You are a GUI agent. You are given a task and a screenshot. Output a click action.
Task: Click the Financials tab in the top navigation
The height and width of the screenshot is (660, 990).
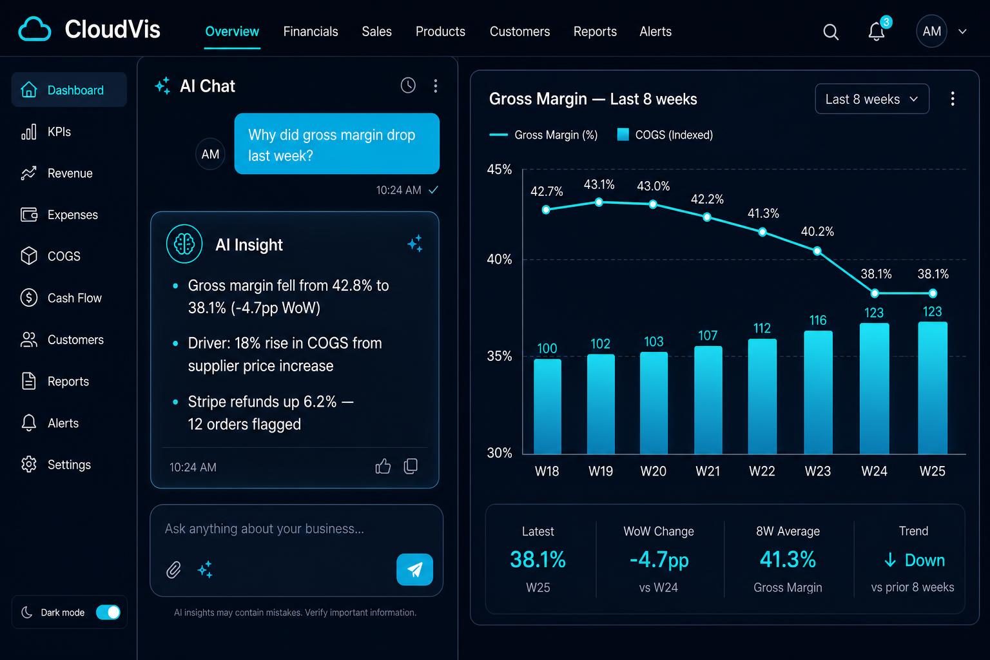coord(310,32)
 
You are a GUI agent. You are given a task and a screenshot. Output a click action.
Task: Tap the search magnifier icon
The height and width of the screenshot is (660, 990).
coord(830,32)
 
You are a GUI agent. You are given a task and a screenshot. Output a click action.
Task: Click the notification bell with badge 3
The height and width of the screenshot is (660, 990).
coord(877,30)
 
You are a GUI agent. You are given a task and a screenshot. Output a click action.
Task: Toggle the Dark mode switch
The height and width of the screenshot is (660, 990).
coord(108,612)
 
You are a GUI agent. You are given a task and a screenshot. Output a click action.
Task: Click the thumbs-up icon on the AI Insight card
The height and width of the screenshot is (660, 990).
coord(383,466)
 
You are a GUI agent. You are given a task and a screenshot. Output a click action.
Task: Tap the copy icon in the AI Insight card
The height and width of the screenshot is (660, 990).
coord(411,466)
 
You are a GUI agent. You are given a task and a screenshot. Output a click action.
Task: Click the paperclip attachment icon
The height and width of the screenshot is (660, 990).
coord(173,569)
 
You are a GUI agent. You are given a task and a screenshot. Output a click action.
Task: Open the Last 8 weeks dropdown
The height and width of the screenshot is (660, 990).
coord(871,99)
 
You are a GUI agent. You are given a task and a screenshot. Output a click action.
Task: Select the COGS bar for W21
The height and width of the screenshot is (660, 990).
coord(708,400)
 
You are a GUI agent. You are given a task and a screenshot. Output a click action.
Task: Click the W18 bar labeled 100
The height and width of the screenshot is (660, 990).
coord(547,406)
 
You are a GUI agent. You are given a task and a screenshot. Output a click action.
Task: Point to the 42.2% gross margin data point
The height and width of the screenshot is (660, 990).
coord(707,217)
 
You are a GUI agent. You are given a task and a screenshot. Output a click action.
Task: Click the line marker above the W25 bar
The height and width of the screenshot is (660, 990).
coord(933,293)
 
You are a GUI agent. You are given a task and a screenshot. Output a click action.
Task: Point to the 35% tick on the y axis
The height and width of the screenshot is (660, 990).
coord(500,356)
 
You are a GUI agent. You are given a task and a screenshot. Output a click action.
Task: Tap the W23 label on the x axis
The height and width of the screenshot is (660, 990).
coord(818,471)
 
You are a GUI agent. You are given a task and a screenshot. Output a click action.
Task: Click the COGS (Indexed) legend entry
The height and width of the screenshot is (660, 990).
coord(665,135)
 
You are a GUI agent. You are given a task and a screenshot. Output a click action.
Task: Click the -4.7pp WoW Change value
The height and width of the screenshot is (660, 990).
coord(659,559)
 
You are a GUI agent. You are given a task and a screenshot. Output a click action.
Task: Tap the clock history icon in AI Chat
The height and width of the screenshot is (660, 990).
coord(408,85)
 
